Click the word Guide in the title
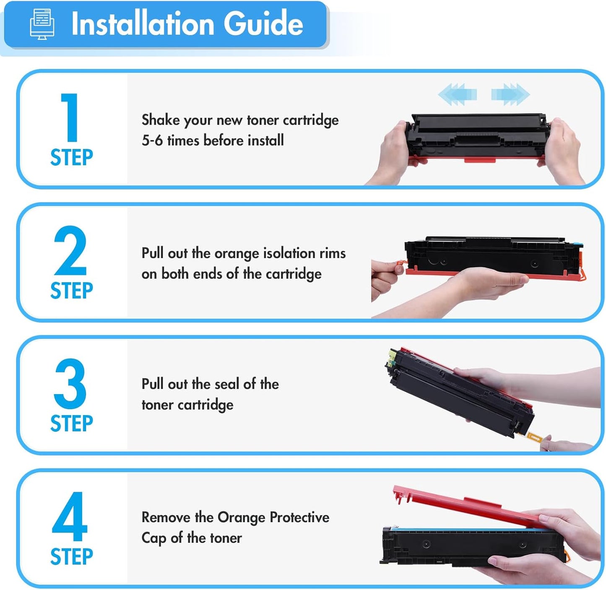(263, 24)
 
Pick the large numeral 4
(70, 517)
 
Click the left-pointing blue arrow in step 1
(458, 94)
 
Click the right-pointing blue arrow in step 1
(510, 94)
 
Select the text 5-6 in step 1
(152, 140)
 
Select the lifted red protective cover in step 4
(461, 503)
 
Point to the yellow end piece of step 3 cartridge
(393, 356)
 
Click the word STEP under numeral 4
(71, 556)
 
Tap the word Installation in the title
(143, 24)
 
